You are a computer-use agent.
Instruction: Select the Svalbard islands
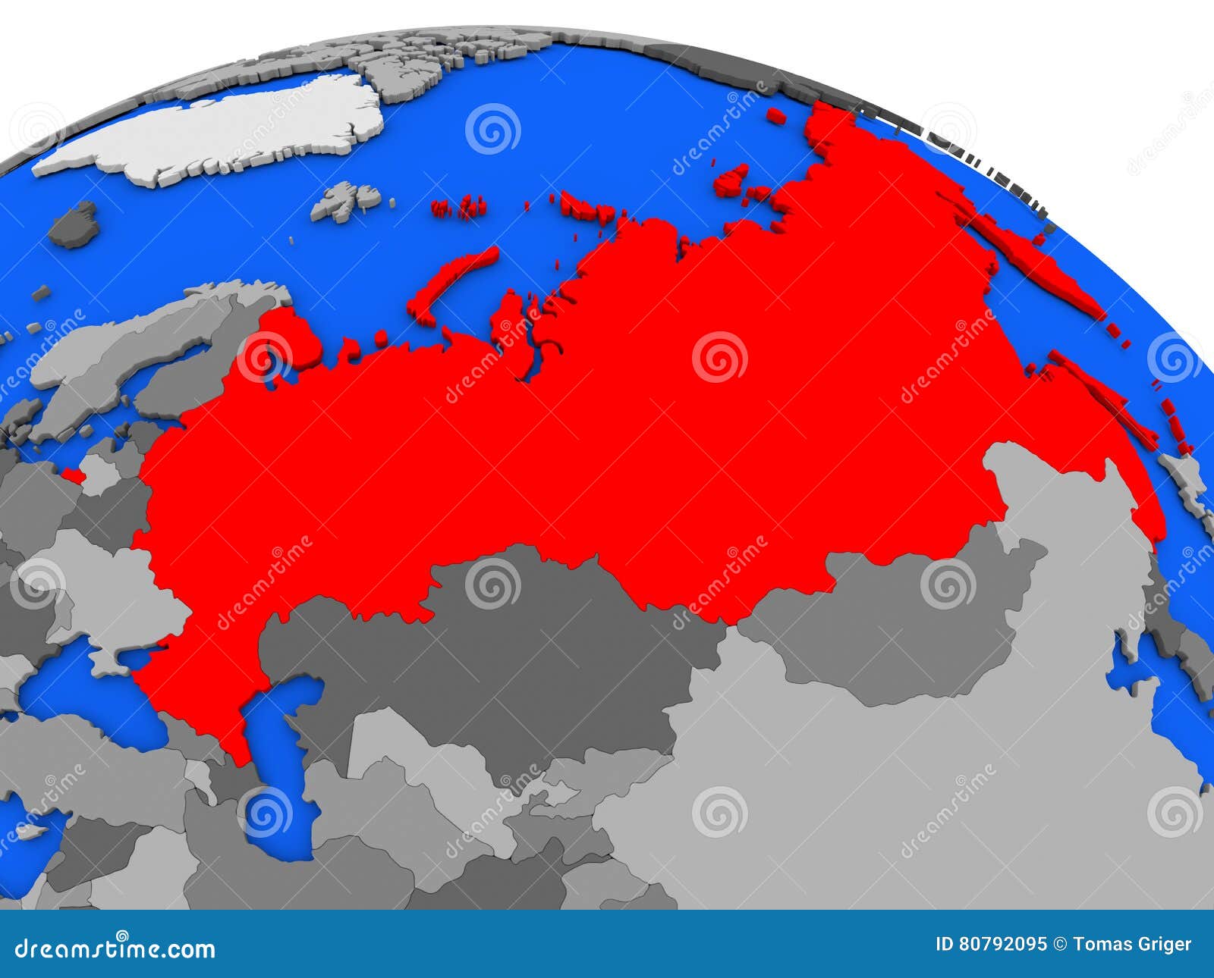pyautogui.click(x=345, y=200)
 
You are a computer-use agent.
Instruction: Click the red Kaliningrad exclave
pyautogui.click(x=73, y=475)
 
